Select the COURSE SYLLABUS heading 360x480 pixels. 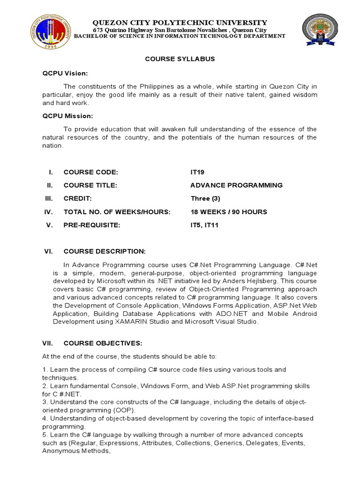[180, 59]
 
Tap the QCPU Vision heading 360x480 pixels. [65, 74]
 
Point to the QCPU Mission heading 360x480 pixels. [67, 116]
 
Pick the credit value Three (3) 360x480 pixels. [205, 198]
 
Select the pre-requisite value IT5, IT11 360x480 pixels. [204, 225]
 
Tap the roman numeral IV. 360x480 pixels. [49, 212]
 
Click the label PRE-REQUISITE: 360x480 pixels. [92, 225]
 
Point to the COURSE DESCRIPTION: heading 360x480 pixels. [105, 252]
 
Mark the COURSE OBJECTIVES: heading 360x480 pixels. [103, 343]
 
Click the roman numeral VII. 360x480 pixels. [49, 343]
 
